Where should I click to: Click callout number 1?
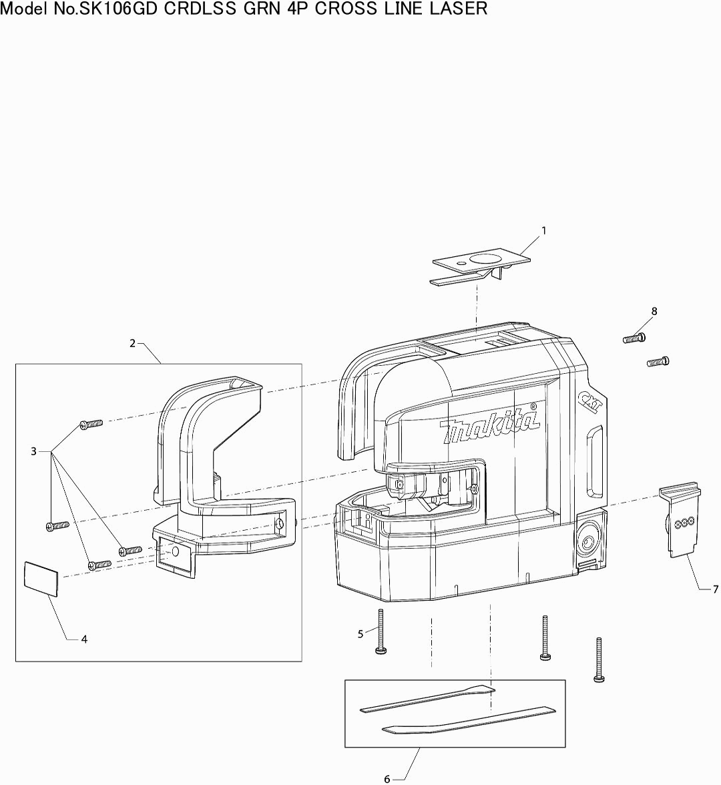(543, 230)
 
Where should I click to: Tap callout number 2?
(132, 343)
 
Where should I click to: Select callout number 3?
(33, 452)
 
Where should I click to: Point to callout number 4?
(84, 639)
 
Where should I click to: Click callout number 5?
(360, 634)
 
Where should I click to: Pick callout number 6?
(387, 779)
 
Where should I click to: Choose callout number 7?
(715, 589)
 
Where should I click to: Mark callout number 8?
(654, 311)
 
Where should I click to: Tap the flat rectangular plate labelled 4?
(41, 578)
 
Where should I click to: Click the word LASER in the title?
(460, 9)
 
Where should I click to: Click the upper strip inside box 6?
(427, 698)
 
